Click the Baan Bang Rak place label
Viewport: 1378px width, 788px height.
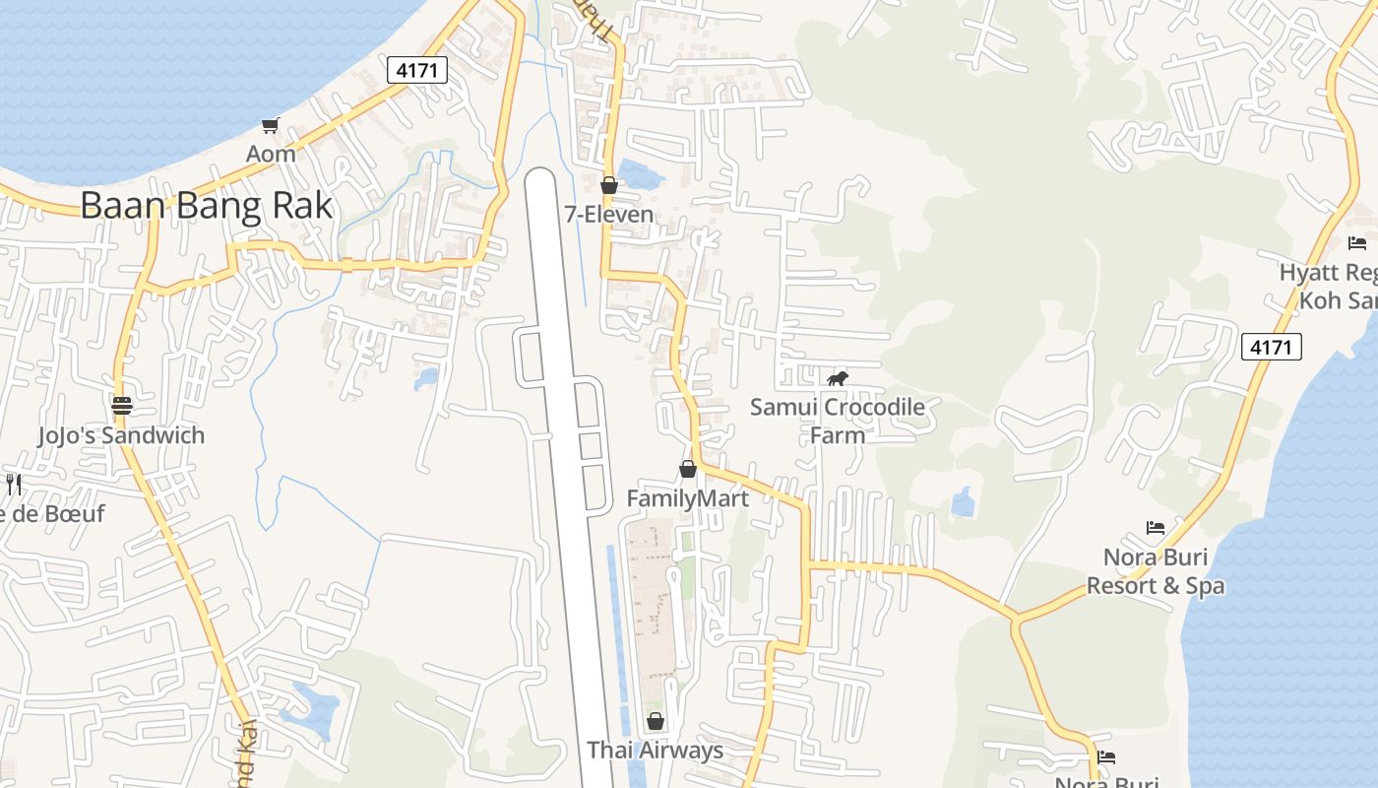[x=206, y=206]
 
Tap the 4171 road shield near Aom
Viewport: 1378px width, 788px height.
[x=417, y=70]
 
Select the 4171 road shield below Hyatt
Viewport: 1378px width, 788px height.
[x=1271, y=347]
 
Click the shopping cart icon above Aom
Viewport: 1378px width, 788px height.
[x=271, y=125]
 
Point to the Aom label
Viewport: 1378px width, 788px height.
[x=271, y=154]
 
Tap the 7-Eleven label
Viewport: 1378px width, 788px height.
[x=608, y=214]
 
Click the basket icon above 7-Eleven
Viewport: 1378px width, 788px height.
[x=609, y=184]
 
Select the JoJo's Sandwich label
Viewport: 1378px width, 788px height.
[x=121, y=435]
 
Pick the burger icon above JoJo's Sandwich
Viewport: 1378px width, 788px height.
[x=122, y=406]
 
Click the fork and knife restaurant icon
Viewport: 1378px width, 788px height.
[x=14, y=484]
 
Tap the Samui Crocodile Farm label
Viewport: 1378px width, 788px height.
[x=838, y=421]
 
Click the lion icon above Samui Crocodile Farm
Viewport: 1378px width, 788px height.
[x=838, y=378]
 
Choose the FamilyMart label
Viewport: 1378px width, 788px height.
[x=688, y=498]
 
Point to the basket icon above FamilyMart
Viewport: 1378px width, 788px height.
[x=688, y=469]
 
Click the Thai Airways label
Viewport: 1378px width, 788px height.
[x=655, y=751]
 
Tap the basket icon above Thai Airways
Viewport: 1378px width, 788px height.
[x=656, y=721]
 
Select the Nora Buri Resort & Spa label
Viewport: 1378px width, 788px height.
[x=1156, y=571]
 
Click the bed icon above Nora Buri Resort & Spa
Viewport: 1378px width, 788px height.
[x=1156, y=528]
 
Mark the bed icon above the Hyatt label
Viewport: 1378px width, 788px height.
[x=1357, y=242]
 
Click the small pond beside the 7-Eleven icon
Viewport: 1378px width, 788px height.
[x=641, y=176]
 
